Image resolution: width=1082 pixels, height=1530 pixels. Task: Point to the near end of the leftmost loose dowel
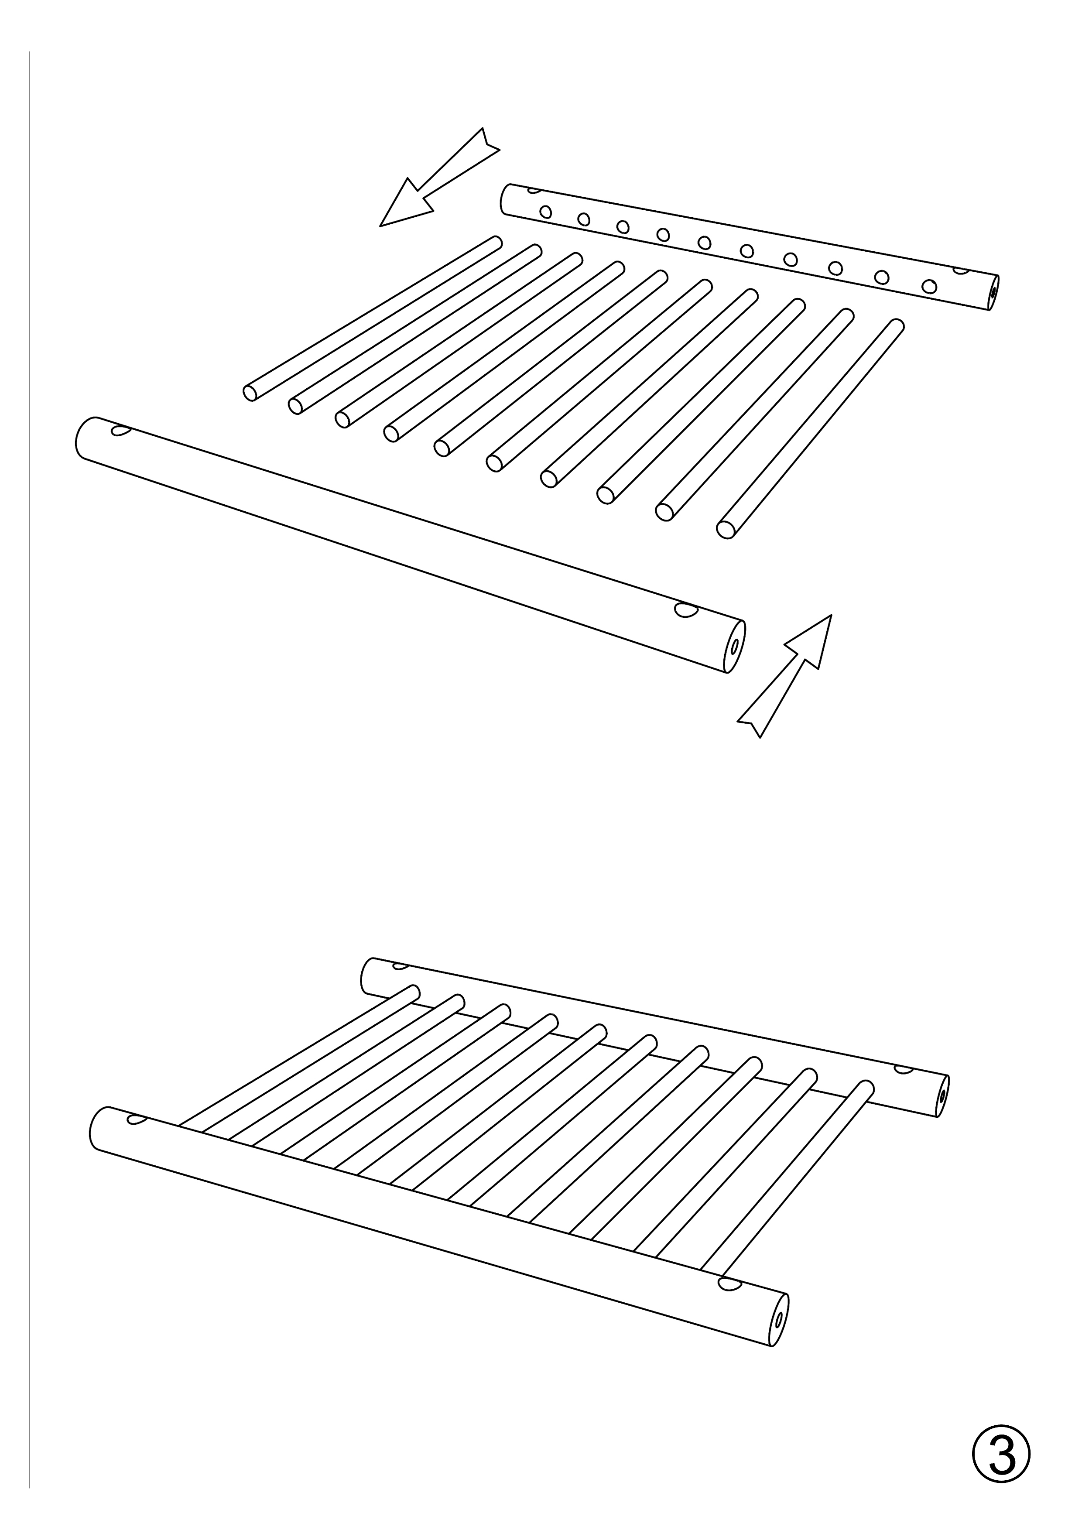[x=250, y=393]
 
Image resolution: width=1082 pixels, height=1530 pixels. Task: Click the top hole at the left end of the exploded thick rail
[x=121, y=431]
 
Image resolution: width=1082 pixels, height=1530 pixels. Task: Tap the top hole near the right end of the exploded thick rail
[x=685, y=610]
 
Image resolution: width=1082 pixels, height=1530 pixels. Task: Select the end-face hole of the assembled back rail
[x=942, y=1095]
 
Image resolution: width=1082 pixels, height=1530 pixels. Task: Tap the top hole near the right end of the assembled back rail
[x=904, y=1070]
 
